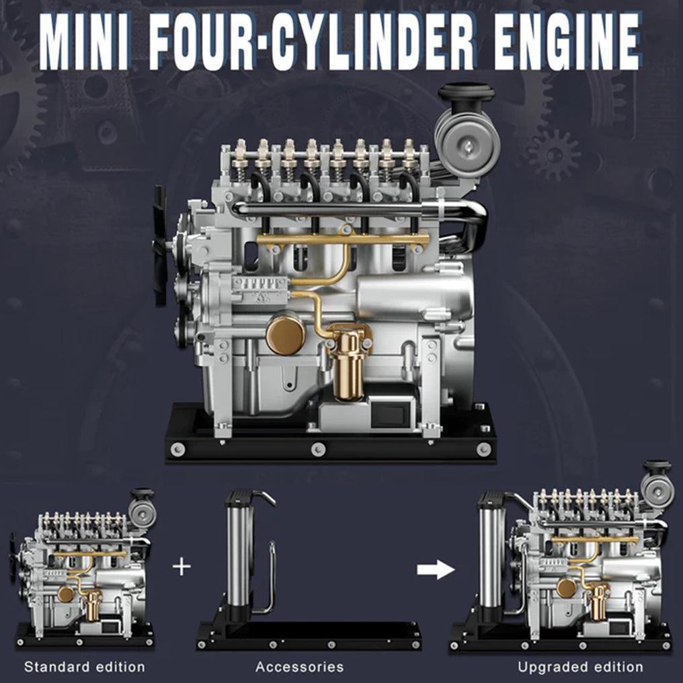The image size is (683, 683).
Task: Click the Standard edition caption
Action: (84, 667)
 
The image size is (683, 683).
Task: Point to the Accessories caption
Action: (299, 667)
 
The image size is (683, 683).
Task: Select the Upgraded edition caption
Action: (580, 667)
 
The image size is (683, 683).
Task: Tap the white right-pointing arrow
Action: (435, 570)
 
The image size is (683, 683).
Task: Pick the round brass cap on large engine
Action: (285, 335)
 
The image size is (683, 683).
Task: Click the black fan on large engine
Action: (160, 245)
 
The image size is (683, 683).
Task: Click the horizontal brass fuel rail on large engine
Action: (343, 239)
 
